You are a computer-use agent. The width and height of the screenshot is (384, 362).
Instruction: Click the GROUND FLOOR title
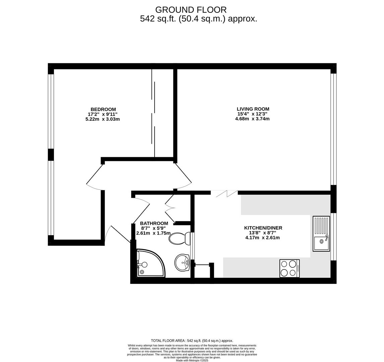(x=190, y=10)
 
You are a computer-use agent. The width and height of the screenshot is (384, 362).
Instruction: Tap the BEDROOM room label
(x=103, y=109)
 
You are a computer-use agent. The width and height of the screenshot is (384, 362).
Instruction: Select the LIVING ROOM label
(x=253, y=109)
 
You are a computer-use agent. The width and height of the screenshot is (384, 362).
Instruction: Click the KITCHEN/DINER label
(x=263, y=228)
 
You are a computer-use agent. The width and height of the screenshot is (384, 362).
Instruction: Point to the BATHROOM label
(x=154, y=223)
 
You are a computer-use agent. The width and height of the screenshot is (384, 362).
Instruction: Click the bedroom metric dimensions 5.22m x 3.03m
(x=103, y=119)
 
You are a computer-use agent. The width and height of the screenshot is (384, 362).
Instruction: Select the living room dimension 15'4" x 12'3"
(x=252, y=114)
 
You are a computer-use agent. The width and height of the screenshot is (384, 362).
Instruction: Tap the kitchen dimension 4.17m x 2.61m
(x=262, y=238)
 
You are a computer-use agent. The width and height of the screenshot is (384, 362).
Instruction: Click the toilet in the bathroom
(x=180, y=238)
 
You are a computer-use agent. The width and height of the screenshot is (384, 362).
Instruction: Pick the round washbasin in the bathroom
(x=182, y=262)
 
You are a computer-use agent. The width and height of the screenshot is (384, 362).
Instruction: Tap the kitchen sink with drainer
(x=321, y=234)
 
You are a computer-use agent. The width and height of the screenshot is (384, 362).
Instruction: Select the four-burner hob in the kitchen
(x=289, y=268)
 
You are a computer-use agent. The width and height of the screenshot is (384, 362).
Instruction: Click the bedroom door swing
(x=95, y=178)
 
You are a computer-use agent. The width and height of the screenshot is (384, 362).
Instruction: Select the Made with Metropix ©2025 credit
(x=192, y=360)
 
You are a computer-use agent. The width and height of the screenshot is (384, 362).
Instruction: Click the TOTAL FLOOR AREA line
(x=192, y=341)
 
